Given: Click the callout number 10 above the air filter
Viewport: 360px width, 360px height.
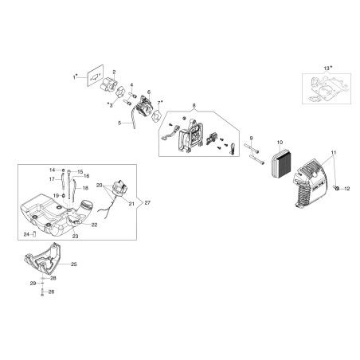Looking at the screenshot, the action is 280,143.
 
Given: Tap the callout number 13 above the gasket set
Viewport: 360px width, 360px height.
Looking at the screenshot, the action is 327,68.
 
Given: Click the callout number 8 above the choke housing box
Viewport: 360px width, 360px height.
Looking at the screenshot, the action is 194,106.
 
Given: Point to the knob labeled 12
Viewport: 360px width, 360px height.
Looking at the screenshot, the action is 338,188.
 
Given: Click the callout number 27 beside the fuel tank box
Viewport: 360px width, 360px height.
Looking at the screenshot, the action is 147,202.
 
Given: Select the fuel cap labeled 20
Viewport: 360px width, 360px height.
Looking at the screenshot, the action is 121,187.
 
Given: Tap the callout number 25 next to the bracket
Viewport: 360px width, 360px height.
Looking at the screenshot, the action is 74,264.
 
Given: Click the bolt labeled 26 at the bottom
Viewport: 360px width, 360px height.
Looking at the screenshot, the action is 42,293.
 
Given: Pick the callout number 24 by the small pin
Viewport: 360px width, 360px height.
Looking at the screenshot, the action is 26,234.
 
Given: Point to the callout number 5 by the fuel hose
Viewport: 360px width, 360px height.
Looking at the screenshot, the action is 119,123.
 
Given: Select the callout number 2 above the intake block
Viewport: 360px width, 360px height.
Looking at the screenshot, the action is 114,72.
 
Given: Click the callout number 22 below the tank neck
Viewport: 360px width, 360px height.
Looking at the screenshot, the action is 94,225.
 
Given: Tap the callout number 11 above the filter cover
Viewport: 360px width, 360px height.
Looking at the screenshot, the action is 334,152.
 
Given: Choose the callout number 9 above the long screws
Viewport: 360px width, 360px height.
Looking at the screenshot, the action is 251,138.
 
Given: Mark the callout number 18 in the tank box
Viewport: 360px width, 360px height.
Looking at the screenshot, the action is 85,188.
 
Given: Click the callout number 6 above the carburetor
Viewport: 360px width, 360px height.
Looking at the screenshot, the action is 149,92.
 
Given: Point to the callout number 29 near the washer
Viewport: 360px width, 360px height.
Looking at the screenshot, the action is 33,284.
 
